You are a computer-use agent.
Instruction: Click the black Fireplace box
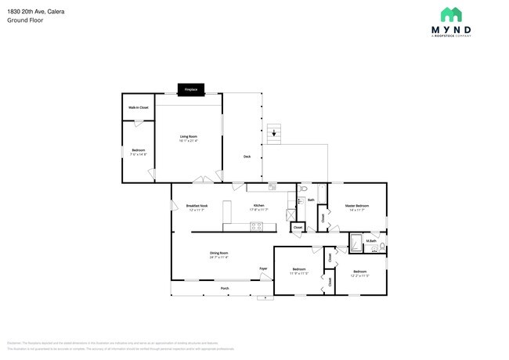pos(190,89)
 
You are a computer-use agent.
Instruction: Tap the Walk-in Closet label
pos(139,107)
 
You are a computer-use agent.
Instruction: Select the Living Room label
pos(188,137)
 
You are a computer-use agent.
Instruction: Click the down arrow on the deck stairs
pos(273,134)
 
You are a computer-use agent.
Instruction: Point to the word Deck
pos(247,156)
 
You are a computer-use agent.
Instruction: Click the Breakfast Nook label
pos(197,206)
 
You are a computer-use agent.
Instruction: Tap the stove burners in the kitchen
pos(256,227)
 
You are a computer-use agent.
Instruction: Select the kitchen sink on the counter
pos(272,187)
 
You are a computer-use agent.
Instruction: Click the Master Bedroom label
pos(356,206)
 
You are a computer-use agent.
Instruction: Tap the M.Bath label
pos(372,241)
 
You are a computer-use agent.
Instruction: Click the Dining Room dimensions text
pos(218,257)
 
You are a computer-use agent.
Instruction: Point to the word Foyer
pos(263,268)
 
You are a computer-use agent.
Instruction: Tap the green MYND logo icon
pos(451,14)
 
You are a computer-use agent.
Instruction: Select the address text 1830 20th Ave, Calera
pos(35,12)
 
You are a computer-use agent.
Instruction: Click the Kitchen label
pos(258,206)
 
